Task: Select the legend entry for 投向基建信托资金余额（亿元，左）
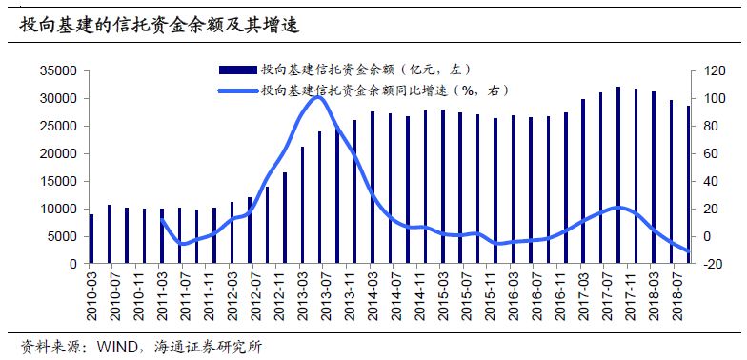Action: (366, 70)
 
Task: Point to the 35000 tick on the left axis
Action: (60, 70)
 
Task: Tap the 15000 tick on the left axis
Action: (60, 181)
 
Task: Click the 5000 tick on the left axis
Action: (63, 236)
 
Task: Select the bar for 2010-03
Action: (91, 239)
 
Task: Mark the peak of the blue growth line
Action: (318, 96)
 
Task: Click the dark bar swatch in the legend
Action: (237, 70)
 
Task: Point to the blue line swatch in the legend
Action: (237, 90)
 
